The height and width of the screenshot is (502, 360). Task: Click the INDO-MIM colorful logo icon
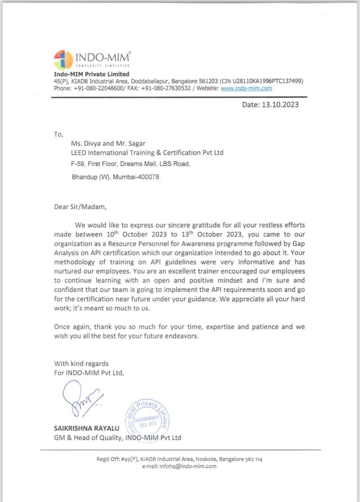tap(63, 59)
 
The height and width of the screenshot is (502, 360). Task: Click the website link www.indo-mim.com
tap(246, 88)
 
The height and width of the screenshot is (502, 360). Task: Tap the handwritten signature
tap(82, 398)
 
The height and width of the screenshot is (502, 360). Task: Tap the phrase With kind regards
tap(81, 363)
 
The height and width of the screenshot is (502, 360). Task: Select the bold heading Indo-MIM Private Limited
tap(91, 74)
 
